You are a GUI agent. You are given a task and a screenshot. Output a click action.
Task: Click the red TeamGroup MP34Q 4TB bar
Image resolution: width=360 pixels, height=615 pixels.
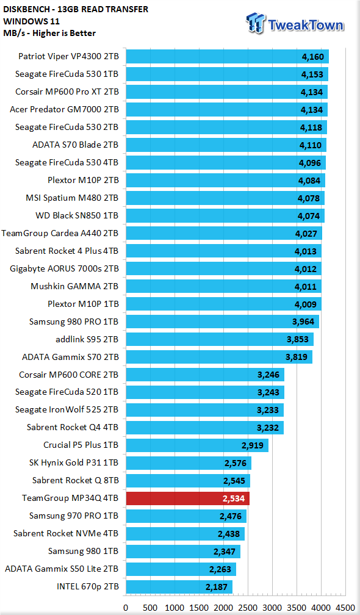188,498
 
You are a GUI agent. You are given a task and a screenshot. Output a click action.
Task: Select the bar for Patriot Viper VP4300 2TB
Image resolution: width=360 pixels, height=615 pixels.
228,57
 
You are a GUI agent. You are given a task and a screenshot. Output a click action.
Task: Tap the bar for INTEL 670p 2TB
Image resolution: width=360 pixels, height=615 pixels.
179,587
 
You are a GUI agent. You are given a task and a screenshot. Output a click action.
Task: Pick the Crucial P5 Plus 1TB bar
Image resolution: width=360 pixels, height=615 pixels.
197,445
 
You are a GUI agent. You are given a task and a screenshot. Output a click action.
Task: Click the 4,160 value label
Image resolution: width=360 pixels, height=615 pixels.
312,57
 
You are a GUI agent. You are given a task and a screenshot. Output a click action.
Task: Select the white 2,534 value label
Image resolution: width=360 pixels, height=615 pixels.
233,498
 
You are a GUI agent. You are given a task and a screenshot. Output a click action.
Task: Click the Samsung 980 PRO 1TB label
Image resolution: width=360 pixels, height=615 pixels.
74,322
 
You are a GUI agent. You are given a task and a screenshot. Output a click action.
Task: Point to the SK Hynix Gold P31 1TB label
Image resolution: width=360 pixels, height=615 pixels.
74,463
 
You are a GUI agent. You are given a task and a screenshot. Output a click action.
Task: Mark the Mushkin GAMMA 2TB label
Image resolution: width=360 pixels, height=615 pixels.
74,286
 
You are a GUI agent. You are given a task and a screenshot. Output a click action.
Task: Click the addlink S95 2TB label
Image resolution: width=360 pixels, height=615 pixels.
87,339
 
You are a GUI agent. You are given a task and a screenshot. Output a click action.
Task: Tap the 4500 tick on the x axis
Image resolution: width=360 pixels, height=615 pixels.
345,608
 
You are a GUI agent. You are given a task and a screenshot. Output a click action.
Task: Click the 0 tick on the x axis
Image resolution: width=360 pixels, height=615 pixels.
126,608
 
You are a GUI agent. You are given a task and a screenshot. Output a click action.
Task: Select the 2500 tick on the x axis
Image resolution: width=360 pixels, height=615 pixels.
248,608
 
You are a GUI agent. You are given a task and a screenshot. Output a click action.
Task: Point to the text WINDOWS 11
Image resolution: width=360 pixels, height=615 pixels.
26,21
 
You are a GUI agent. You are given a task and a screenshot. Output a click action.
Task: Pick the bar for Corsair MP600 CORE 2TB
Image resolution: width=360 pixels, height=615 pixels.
205,375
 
